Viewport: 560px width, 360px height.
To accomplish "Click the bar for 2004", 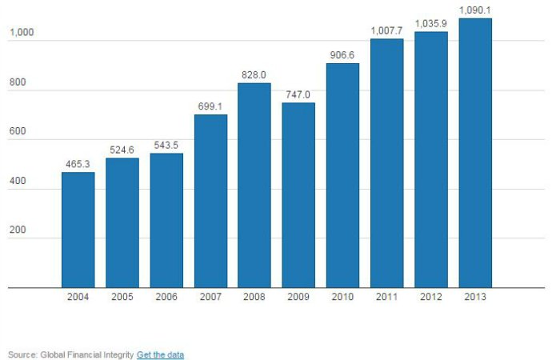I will [78, 230].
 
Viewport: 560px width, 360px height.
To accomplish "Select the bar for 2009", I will [298, 195].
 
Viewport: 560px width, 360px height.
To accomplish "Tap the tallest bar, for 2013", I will [474, 153].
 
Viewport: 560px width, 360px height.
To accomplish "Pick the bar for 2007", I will [210, 201].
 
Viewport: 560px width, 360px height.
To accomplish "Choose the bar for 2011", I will [386, 163].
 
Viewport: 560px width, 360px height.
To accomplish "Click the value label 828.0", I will [254, 74].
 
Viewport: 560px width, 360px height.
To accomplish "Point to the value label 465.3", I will [78, 164].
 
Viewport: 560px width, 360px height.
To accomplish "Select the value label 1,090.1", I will [474, 10].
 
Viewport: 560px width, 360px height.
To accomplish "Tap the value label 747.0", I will [298, 94].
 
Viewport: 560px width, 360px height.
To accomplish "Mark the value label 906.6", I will [342, 55].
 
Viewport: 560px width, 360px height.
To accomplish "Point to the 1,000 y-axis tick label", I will [22, 34].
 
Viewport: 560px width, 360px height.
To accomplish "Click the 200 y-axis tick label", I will [18, 230].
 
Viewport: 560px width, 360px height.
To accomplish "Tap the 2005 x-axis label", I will [122, 297].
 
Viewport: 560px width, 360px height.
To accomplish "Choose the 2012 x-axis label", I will [430, 297].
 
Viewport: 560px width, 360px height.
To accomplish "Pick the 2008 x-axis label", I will [254, 297].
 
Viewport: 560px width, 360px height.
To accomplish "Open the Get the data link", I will [160, 354].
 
